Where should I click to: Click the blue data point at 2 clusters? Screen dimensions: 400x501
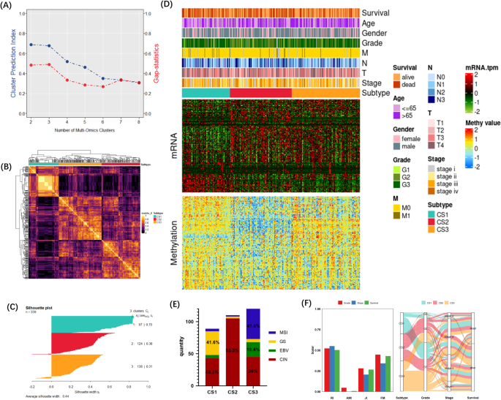click(x=31, y=45)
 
